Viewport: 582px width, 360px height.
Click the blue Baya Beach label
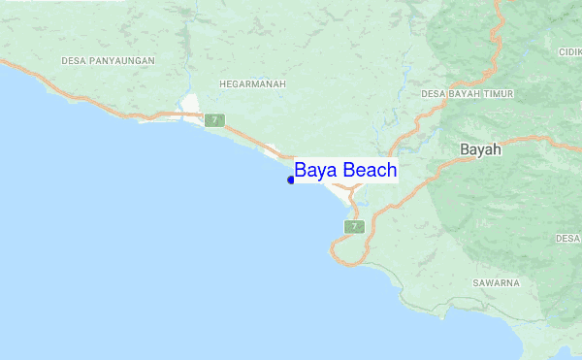345,171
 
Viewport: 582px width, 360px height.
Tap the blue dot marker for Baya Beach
291,180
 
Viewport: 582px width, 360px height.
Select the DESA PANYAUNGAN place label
108,61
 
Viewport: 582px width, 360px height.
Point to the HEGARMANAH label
251,84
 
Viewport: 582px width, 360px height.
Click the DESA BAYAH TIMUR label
468,94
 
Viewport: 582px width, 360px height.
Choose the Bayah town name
480,150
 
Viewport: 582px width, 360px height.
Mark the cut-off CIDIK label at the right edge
569,51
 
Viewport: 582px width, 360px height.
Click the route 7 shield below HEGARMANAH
214,120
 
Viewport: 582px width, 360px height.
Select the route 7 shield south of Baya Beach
354,226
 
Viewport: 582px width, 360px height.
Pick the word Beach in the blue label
369,171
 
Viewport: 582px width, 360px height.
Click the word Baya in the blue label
315,171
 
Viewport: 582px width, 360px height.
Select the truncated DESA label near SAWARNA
568,238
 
